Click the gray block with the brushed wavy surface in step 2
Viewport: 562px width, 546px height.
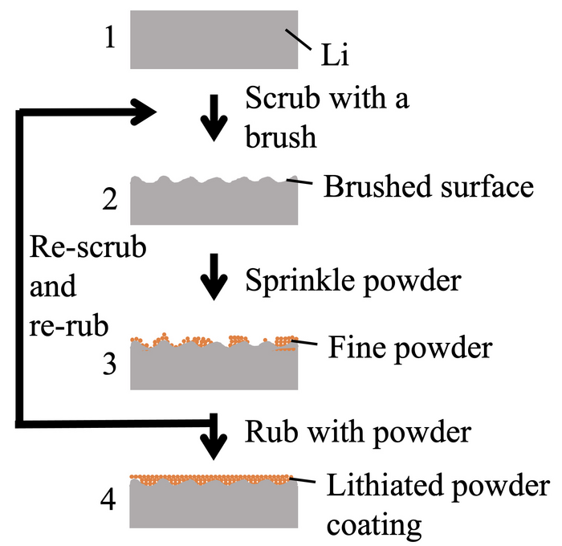coord(214,201)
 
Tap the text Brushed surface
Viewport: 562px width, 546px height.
coord(428,187)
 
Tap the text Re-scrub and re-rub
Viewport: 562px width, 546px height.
coord(88,286)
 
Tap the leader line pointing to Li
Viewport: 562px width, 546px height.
coord(299,39)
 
